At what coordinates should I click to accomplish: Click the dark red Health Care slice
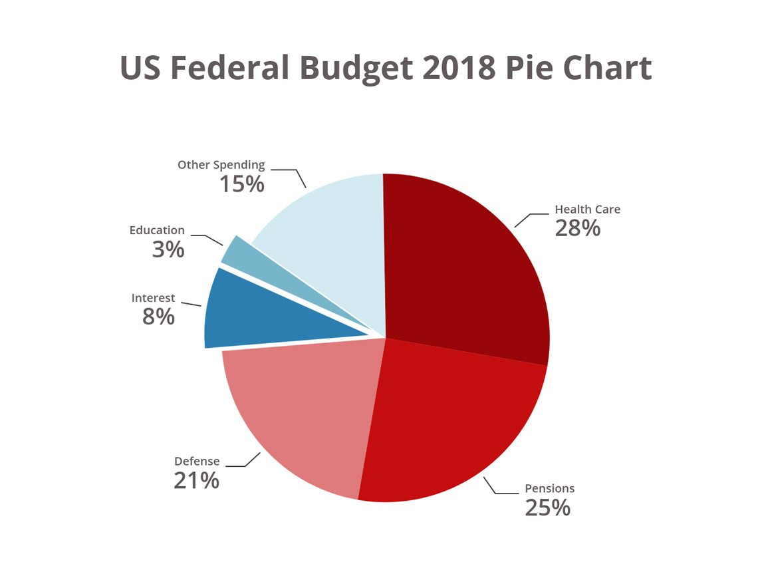point(465,266)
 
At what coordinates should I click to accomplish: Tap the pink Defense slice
point(299,412)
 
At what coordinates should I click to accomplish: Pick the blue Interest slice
point(266,313)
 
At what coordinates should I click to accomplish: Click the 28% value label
point(578,228)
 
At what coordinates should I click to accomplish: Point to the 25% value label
point(548,507)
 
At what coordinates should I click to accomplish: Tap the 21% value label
point(196,480)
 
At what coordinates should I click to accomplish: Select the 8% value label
point(158,317)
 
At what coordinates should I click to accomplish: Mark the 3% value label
point(168,249)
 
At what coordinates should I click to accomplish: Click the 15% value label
point(242,184)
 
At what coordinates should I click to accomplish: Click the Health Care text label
point(587,209)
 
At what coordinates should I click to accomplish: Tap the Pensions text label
point(549,488)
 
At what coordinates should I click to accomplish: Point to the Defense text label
point(197,461)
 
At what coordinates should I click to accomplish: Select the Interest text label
point(153,298)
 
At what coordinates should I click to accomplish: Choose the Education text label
point(157,230)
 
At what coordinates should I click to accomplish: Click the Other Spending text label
point(221,164)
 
